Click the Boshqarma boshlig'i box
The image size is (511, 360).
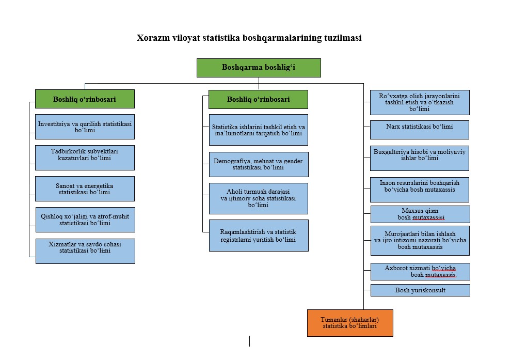point(259,68)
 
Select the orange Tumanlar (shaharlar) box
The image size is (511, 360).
point(350,323)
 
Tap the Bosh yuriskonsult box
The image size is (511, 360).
point(420,290)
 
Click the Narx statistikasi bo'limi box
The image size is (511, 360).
point(420,130)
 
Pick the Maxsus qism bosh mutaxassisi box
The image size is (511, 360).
point(420,214)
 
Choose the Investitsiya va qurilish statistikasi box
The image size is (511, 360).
point(85,127)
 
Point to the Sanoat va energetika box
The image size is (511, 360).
point(85,189)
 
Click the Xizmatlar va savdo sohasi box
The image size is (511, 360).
point(85,251)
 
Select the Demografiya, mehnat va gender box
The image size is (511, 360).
point(259,164)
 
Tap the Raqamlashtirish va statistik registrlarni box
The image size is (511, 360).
point(259,236)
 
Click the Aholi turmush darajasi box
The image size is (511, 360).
point(259,198)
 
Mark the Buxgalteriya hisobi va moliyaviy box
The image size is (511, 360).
point(420,158)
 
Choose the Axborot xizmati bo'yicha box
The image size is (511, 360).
point(420,272)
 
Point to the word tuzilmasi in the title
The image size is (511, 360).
point(343,38)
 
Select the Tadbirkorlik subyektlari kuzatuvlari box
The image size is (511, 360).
point(85,158)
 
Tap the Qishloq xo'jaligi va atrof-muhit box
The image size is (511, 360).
point(85,220)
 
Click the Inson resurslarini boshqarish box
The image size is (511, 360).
point(420,190)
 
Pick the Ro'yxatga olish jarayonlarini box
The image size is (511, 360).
point(420,102)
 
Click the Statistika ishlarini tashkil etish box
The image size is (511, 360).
point(259,130)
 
